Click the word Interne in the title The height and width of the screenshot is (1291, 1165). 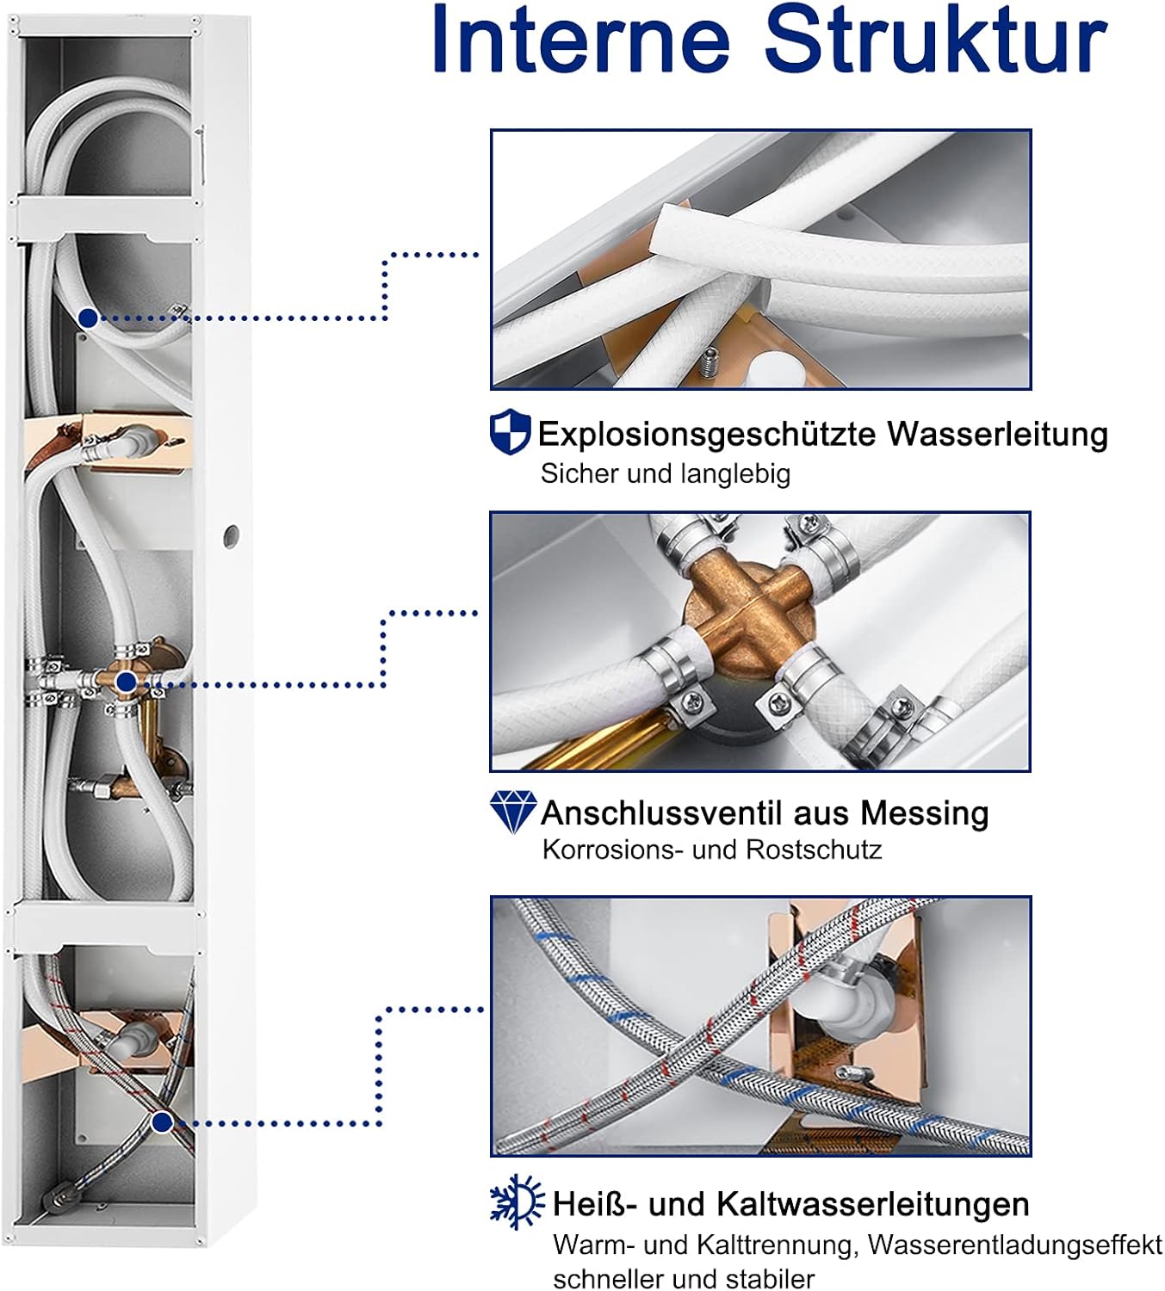click(581, 40)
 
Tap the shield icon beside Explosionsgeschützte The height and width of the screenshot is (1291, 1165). click(510, 431)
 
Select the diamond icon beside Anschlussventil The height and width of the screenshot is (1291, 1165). click(512, 812)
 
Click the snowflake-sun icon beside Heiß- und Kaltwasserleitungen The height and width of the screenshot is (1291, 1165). click(517, 1201)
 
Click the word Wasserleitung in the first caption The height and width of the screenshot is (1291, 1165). click(997, 434)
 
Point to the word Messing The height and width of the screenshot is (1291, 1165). click(924, 812)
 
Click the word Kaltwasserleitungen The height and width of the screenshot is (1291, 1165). click(871, 1203)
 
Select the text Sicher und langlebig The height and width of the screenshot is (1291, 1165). click(666, 474)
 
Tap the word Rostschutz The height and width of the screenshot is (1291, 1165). click(814, 849)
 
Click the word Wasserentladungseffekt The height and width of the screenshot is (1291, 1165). click(1015, 1245)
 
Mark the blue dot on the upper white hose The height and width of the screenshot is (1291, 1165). click(89, 318)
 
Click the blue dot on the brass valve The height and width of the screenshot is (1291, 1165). click(127, 682)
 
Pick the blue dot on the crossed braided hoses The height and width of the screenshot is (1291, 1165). click(162, 1122)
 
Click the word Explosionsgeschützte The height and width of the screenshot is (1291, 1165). click(707, 435)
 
